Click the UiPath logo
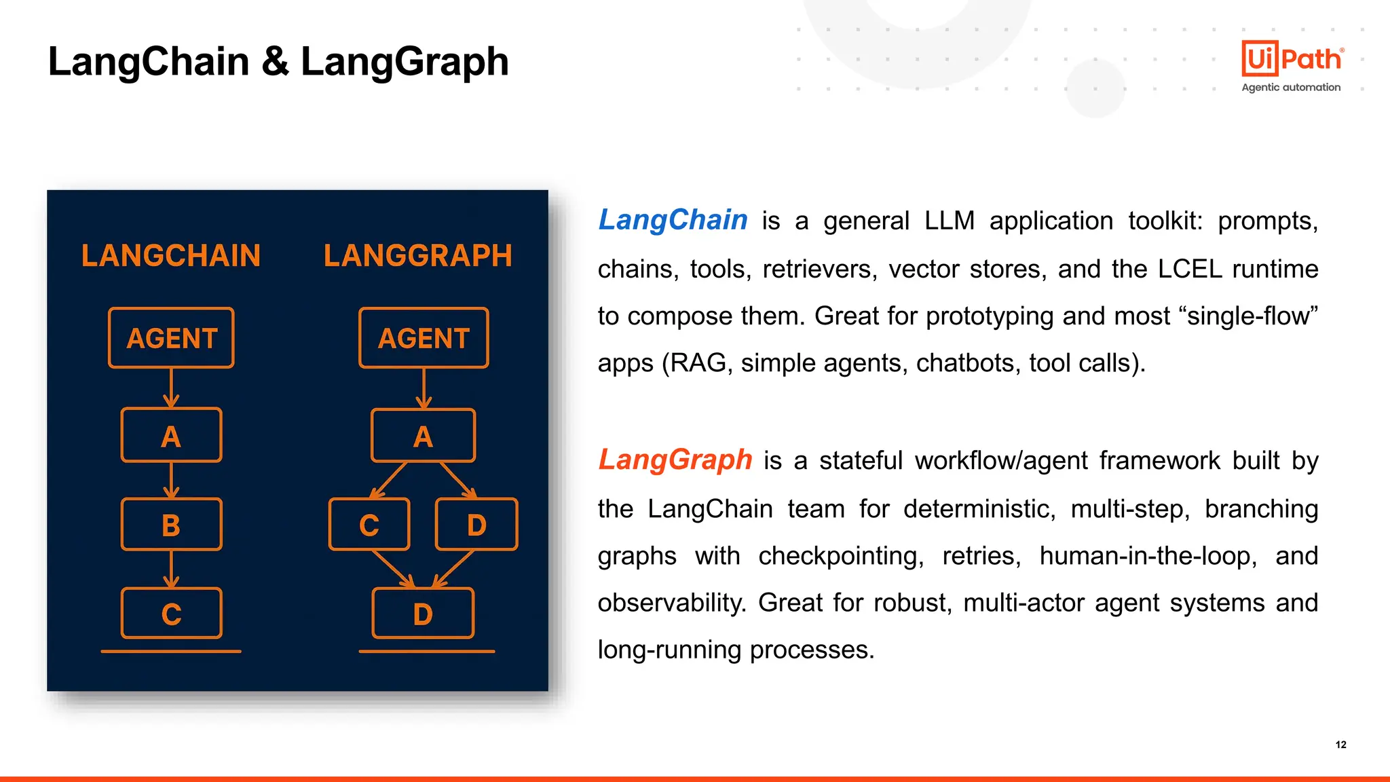[x=1292, y=58]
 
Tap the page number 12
[x=1340, y=745]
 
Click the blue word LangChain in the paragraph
[x=673, y=220]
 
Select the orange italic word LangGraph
[x=675, y=460]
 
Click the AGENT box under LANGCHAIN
[x=171, y=338]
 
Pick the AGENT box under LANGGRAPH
[x=424, y=338]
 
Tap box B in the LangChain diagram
[x=171, y=525]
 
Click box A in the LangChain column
[x=171, y=436]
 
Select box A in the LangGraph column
[x=423, y=436]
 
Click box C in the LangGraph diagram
[x=369, y=525]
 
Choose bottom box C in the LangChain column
[x=171, y=614]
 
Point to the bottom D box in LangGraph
[x=423, y=614]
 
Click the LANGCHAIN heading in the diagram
[x=171, y=256]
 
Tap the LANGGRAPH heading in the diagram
[x=417, y=256]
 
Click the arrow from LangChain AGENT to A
[x=171, y=388]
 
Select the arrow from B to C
[x=171, y=569]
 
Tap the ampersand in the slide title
[x=275, y=61]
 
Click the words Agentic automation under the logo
[x=1291, y=88]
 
